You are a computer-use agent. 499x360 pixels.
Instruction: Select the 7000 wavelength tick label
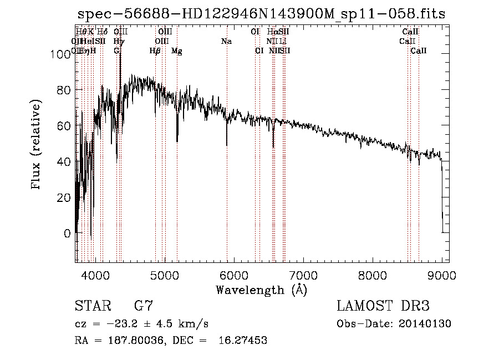(303, 275)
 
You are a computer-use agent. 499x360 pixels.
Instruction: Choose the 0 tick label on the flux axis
(68, 234)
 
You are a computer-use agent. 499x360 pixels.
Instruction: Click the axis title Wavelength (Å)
(261, 290)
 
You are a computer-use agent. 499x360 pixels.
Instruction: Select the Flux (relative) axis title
(37, 145)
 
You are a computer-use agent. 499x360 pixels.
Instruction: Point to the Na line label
(226, 42)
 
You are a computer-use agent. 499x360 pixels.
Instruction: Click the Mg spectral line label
(177, 51)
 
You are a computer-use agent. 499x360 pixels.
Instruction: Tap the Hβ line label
(155, 51)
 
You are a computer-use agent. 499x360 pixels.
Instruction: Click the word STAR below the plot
(93, 306)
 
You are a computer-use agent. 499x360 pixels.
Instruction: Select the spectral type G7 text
(144, 306)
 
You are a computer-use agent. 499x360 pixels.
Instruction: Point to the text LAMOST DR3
(383, 306)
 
